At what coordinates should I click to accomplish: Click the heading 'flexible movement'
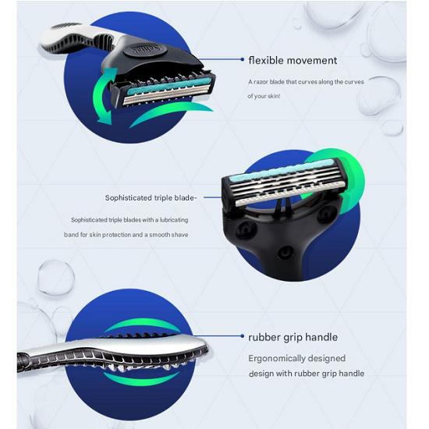pos(292,60)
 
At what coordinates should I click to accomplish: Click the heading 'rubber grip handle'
pos(292,338)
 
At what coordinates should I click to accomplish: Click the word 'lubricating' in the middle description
pos(172,220)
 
